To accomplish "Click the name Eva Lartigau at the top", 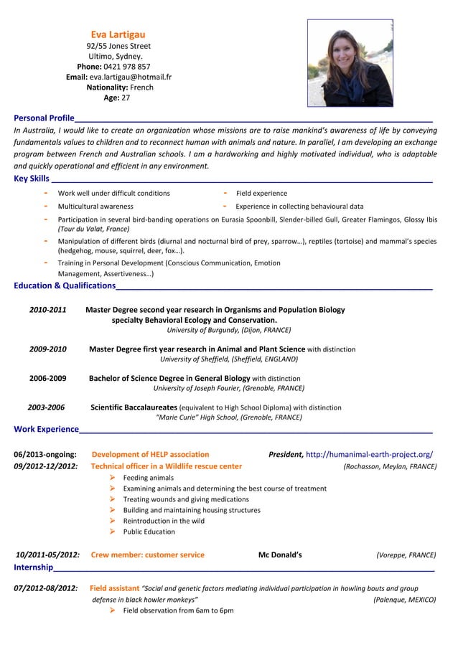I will (118, 34).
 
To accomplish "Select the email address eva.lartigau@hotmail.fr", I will (131, 77).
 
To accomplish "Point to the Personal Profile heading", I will (44, 118).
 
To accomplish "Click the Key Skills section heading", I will (32, 179).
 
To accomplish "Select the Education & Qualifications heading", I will (65, 286).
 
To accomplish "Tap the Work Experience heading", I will (47, 429).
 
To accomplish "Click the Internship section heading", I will (33, 568).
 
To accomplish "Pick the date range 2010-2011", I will (48, 310).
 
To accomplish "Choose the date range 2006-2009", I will (48, 378).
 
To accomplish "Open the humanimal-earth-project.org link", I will (369, 454).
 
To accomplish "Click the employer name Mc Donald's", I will (280, 554).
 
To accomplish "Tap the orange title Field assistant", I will (114, 588).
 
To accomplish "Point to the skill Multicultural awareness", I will (95, 207).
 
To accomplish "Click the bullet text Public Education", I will (149, 532).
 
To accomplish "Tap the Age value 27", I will (126, 98).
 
